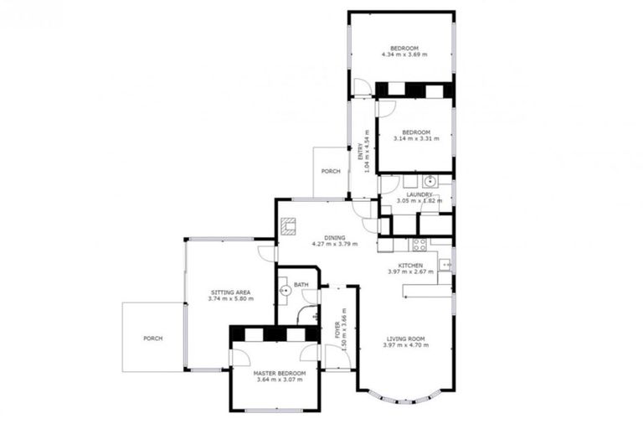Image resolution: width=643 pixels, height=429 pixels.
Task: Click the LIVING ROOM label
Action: point(404,339)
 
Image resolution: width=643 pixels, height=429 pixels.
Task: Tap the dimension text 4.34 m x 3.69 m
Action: point(404,55)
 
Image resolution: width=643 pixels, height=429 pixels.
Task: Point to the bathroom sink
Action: point(285,291)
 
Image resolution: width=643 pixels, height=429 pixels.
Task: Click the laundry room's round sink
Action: point(430,180)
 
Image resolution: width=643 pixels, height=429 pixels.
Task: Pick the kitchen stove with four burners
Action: point(419,245)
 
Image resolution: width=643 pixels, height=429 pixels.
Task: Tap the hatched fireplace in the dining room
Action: point(289,225)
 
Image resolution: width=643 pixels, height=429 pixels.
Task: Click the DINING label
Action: point(334,237)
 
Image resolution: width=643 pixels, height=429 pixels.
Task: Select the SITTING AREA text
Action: point(230,292)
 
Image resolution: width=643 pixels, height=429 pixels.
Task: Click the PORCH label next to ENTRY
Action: point(331,172)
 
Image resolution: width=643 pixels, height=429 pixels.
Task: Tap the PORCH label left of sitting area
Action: point(152,339)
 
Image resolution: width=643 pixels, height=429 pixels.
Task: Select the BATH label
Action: point(301,284)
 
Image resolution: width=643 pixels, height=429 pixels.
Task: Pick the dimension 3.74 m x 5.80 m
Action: point(230,299)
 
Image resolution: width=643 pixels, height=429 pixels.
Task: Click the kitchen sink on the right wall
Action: point(446,265)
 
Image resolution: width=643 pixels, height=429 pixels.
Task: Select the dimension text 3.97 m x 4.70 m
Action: point(404,345)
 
